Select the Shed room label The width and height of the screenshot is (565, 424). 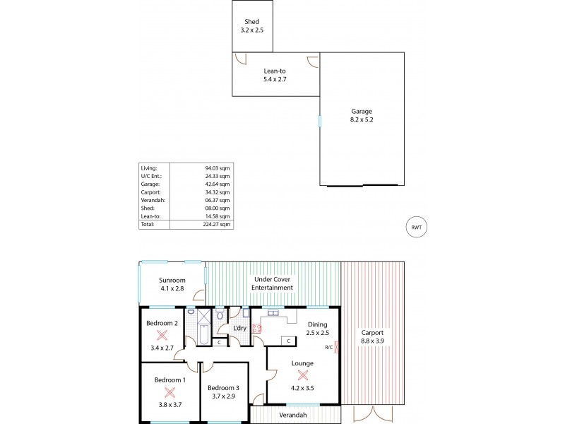coord(251,23)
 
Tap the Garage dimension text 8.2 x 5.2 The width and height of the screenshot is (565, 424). coord(362,121)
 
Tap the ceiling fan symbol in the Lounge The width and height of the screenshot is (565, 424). coord(303,375)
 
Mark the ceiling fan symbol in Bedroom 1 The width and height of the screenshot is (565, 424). coord(169,391)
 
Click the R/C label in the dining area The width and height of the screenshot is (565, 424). coord(329,347)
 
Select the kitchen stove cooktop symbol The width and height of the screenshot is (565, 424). coord(257,328)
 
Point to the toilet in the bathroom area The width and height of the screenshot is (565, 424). coord(220,315)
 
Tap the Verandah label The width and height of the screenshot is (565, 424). coord(292,415)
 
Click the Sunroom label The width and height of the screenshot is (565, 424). coord(172,280)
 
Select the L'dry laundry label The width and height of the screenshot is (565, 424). coord(240,328)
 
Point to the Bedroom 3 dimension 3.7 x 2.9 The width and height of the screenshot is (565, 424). coord(222,396)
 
